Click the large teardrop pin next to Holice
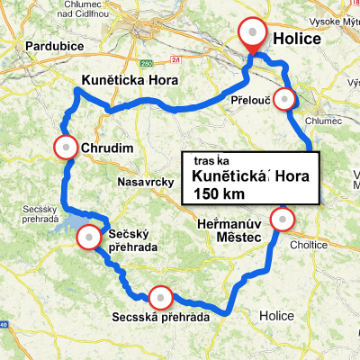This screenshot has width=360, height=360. click(x=254, y=34)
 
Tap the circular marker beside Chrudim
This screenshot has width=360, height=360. click(x=67, y=147)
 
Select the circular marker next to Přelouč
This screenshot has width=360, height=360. click(x=284, y=98)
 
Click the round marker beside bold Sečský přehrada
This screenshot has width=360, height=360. click(x=89, y=238)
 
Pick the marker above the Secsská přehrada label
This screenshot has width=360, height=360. click(x=160, y=295)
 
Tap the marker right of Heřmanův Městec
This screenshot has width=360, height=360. click(x=283, y=219)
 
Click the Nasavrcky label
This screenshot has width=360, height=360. click(x=144, y=183)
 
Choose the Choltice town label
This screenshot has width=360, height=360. click(x=310, y=242)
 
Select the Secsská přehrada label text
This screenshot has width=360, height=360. click(x=161, y=318)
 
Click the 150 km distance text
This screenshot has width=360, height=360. click(x=218, y=193)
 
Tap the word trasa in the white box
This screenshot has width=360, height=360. click(x=211, y=160)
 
